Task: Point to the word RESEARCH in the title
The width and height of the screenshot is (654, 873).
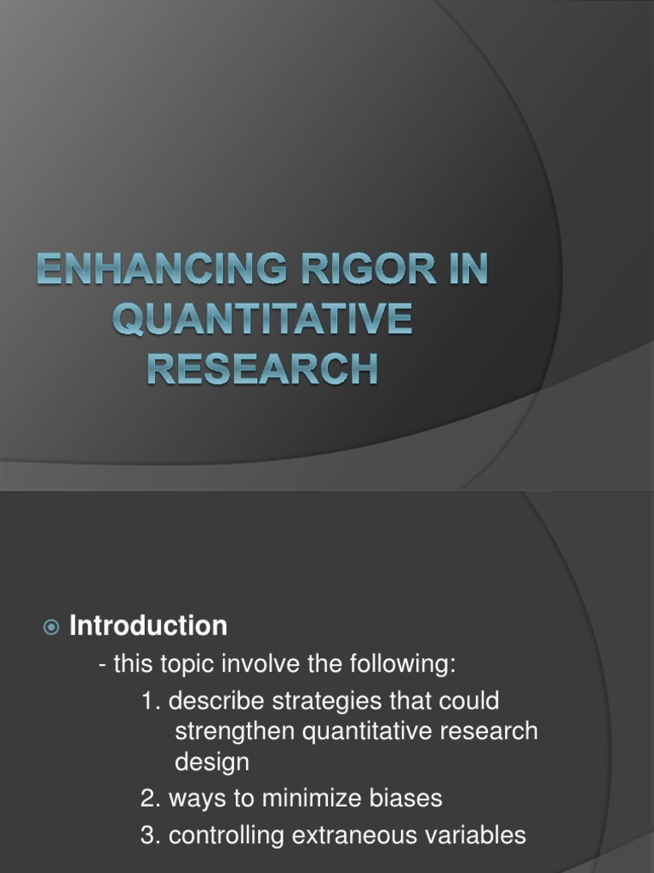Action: click(x=261, y=371)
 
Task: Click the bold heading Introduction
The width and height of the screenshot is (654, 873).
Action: click(x=148, y=627)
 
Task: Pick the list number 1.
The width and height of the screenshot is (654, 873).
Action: click(x=150, y=702)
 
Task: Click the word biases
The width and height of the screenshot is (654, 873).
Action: click(x=401, y=799)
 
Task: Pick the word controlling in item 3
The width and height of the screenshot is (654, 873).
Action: click(x=227, y=836)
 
